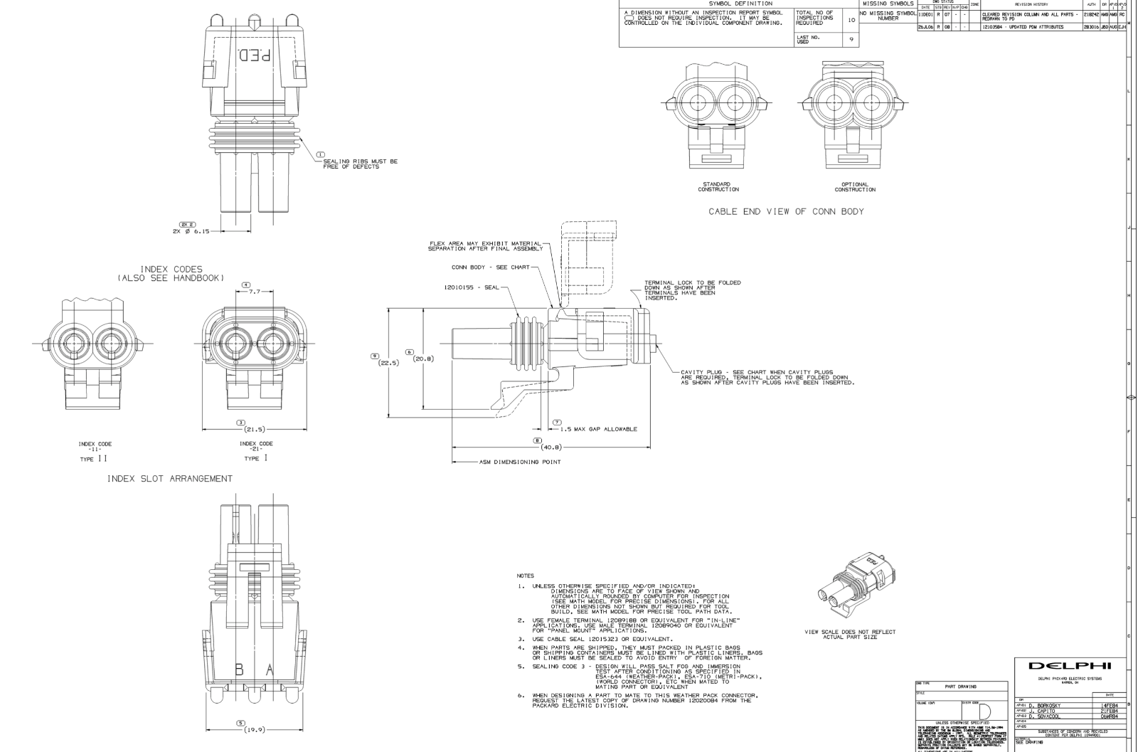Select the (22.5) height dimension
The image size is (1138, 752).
(388, 362)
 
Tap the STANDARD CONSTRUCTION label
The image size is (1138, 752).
(718, 187)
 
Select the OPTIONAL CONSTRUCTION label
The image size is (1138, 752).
(855, 187)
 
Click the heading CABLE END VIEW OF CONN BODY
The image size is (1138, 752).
(785, 212)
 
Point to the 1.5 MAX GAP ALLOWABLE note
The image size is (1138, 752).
(598, 429)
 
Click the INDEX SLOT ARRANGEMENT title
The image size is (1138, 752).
(169, 479)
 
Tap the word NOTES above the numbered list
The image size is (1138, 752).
(526, 576)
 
